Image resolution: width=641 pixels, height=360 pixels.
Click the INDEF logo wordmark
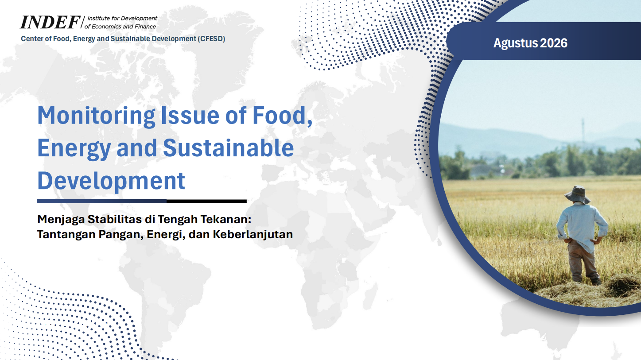pyautogui.click(x=50, y=22)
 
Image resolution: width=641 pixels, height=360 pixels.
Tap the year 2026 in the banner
pyautogui.click(x=554, y=43)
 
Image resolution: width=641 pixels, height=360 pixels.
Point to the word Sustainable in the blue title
pyautogui.click(x=228, y=148)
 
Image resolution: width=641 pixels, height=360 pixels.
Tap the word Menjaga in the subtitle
pyautogui.click(x=61, y=220)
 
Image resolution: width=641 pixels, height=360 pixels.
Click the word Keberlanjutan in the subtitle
pyautogui.click(x=253, y=235)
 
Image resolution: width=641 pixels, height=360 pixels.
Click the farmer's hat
pyautogui.click(x=578, y=194)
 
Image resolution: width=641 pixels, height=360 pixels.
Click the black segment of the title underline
pyautogui.click(x=206, y=201)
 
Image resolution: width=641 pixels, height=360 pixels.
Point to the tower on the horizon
pyautogui.click(x=583, y=132)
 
